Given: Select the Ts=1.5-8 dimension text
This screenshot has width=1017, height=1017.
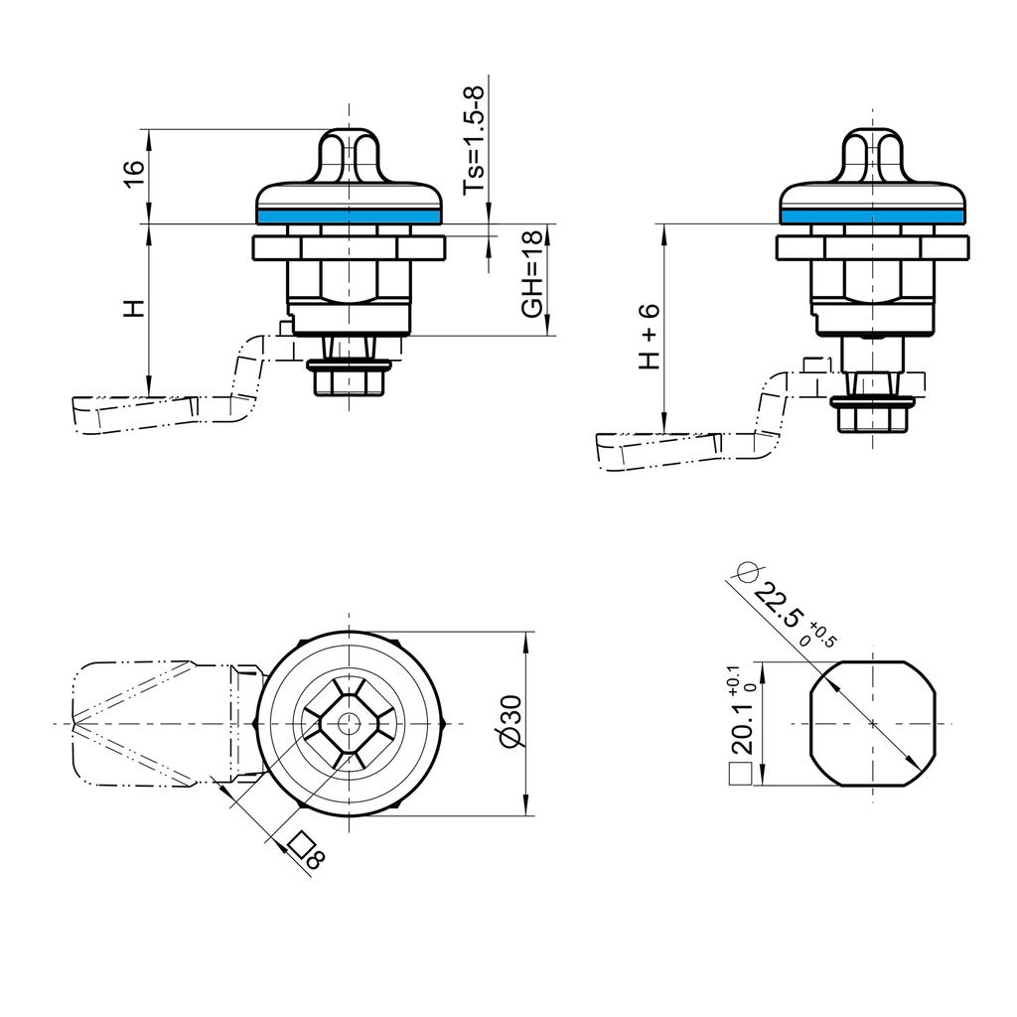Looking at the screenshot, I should pyautogui.click(x=476, y=139).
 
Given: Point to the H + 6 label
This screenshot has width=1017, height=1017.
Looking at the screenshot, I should pyautogui.click(x=649, y=337).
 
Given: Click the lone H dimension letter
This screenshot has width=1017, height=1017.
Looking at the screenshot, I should pyautogui.click(x=134, y=309).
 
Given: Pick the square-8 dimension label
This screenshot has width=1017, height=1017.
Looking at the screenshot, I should pyautogui.click(x=304, y=851).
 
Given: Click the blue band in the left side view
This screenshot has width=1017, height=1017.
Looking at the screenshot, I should pyautogui.click(x=348, y=216).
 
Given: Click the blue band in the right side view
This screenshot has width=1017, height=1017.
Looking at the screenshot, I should pyautogui.click(x=872, y=216).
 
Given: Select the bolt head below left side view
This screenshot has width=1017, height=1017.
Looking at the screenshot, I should pyautogui.click(x=349, y=381).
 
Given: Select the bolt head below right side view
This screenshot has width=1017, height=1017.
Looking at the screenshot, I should pyautogui.click(x=873, y=417).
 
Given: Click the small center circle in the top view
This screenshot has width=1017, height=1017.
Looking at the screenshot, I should pyautogui.click(x=348, y=723).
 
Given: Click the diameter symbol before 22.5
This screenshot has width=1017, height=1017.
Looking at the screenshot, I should pyautogui.click(x=746, y=571).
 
